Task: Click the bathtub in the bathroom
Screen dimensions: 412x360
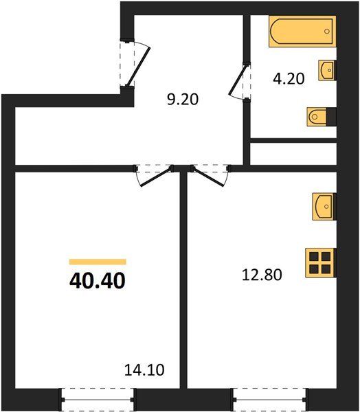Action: (x=302, y=32)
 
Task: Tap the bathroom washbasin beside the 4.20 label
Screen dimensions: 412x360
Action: (x=326, y=70)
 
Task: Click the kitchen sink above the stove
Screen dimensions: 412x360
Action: (x=324, y=206)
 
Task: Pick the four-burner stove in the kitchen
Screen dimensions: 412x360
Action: (x=319, y=262)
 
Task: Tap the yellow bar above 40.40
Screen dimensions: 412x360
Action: (x=98, y=262)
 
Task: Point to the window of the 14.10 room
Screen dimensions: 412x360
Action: (x=97, y=397)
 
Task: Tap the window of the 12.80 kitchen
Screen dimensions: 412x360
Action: (x=263, y=397)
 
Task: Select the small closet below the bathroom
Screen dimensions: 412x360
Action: (x=293, y=154)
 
